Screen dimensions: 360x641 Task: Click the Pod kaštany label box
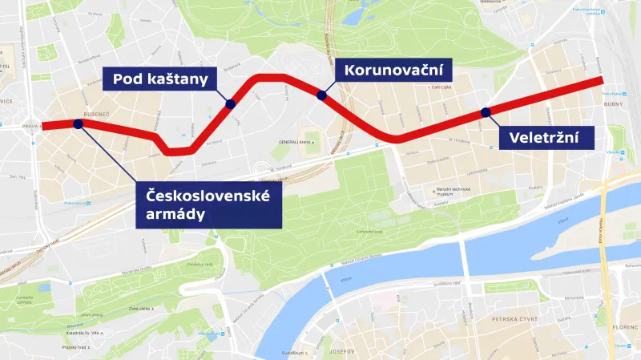161,79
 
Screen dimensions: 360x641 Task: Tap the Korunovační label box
393,70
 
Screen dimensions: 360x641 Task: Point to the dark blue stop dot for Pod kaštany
230,103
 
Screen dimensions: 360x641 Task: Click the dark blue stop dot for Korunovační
322,95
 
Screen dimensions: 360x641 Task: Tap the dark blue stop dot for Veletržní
485,112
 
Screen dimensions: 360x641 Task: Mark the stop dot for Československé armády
78,123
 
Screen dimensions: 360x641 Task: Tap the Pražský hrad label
76,346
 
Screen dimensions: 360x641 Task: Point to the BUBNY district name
614,103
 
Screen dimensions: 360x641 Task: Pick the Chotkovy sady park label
198,264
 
